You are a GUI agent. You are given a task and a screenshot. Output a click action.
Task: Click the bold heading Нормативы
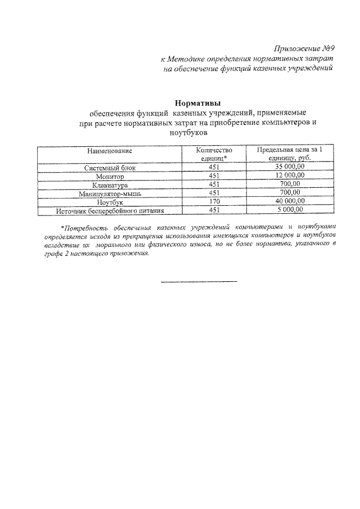(x=197, y=103)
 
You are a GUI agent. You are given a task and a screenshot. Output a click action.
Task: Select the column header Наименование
(x=110, y=151)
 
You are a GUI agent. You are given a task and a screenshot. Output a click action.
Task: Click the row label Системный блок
(x=110, y=168)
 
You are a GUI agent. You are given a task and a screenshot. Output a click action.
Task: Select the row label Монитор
(x=110, y=176)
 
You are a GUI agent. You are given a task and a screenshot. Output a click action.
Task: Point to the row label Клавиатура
(x=110, y=184)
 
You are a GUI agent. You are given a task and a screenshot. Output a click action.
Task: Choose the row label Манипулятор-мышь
(x=110, y=193)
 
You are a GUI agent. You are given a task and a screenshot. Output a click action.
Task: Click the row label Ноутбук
(x=110, y=201)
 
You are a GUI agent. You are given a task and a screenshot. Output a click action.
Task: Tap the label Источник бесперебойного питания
(x=110, y=210)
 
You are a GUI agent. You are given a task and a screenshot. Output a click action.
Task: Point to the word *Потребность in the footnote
(x=84, y=228)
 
